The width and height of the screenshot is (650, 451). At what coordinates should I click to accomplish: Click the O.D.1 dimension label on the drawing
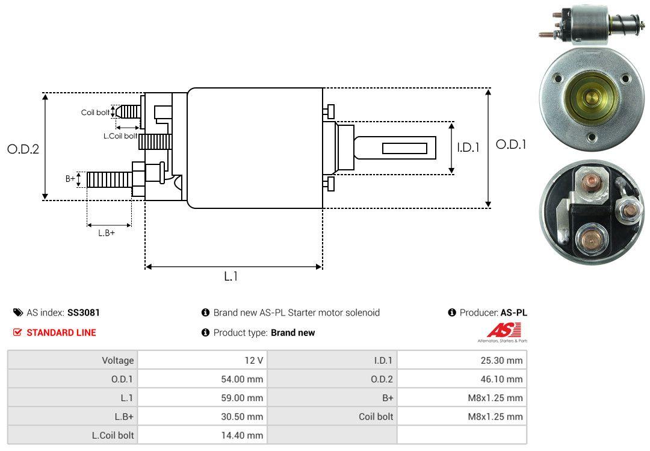point(510,145)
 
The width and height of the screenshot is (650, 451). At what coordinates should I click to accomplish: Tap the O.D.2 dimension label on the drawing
point(23,149)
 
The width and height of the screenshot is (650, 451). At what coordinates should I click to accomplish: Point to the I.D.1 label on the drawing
point(468,147)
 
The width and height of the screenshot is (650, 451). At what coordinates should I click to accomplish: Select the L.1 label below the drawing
point(232,276)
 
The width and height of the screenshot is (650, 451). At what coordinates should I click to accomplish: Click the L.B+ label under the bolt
point(107,232)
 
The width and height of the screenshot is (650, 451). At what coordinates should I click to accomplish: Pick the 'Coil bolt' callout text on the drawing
point(95,113)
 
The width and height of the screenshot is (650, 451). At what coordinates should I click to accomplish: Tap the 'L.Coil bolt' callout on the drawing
point(120,136)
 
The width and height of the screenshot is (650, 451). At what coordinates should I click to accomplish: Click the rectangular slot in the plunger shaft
point(404,148)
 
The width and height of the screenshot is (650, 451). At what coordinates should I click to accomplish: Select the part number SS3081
point(84,313)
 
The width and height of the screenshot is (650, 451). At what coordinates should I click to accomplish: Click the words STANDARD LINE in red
point(61,332)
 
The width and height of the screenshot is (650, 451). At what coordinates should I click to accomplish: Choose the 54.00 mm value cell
point(242,379)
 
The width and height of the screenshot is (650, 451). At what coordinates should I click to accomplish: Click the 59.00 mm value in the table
point(242,398)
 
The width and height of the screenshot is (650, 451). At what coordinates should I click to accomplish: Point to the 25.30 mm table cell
point(501,361)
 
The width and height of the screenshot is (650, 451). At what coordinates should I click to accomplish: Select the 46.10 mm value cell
point(501,379)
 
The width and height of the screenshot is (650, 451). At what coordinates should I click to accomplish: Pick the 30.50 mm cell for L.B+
point(242,417)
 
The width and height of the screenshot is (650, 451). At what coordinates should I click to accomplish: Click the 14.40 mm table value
point(242,435)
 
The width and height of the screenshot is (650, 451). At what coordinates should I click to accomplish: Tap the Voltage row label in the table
point(117,361)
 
